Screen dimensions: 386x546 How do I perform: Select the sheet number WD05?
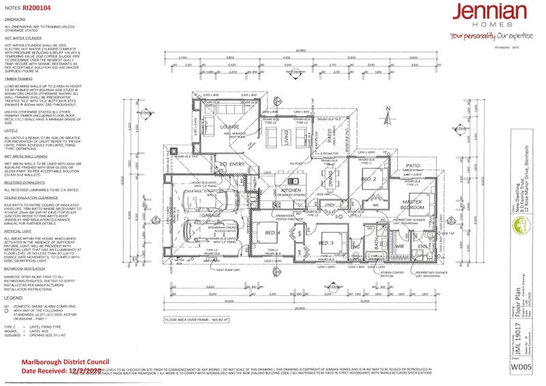click(522, 367)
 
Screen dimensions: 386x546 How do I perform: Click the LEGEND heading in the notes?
click(13, 298)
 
